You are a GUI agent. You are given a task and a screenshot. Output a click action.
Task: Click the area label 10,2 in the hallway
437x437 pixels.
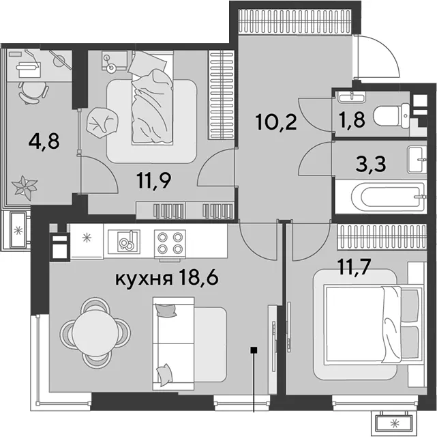[276, 122]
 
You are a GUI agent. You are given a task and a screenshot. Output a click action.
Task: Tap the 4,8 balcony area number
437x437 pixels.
[44, 141]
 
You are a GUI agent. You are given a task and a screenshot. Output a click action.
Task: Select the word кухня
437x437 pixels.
[143, 279]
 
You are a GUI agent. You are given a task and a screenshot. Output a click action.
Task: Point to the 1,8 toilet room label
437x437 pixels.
[352, 120]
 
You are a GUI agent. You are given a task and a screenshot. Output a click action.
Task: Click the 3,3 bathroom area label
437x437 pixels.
[372, 164]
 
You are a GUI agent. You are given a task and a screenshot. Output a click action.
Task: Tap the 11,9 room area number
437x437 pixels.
[153, 180]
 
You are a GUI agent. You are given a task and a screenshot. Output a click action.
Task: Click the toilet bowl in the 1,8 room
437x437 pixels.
[391, 116]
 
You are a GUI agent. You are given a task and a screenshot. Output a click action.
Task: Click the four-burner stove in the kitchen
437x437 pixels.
[170, 242]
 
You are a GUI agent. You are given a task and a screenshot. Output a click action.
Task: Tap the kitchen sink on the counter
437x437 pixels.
[124, 242]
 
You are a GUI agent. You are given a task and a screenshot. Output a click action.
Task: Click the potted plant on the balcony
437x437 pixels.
[25, 186]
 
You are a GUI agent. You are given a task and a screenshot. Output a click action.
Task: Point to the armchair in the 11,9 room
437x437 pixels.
[102, 122]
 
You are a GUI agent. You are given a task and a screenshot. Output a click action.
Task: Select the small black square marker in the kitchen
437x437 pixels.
[254, 350]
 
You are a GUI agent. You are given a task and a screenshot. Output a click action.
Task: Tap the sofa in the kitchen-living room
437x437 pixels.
[190, 343]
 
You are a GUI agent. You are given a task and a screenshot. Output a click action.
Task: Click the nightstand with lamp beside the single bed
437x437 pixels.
[115, 61]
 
